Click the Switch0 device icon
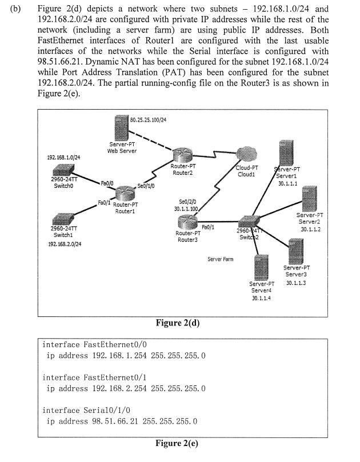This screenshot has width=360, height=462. pyautogui.click(x=59, y=170)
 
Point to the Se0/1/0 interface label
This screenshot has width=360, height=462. pyautogui.click(x=146, y=186)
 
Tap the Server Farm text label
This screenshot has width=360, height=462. pyautogui.click(x=220, y=259)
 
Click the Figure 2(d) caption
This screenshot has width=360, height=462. pyautogui.click(x=178, y=323)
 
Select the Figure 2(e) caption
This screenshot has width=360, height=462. pyautogui.click(x=178, y=443)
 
